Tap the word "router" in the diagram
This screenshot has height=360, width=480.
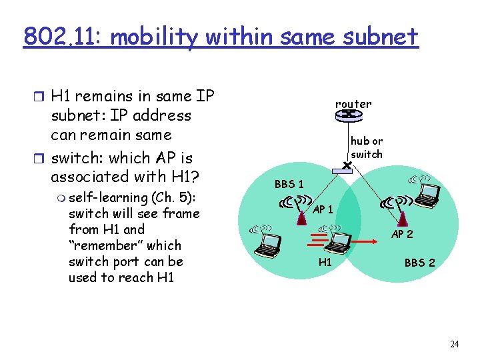click(353, 104)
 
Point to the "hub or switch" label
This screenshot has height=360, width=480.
click(367, 148)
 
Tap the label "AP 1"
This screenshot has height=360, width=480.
click(323, 209)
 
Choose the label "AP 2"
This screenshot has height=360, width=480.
click(402, 235)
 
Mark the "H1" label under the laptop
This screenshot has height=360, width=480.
click(325, 262)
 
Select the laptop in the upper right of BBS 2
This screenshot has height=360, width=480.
click(427, 192)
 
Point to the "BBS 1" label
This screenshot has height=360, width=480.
click(289, 183)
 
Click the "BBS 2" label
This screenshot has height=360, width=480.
click(419, 263)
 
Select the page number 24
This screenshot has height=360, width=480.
click(455, 344)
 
